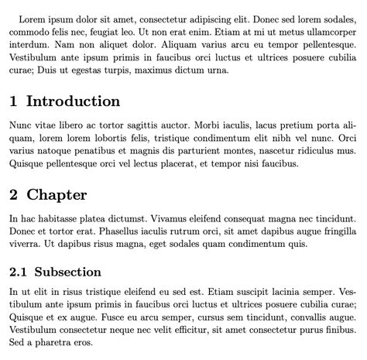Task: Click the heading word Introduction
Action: pos(74,101)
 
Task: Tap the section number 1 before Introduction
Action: pos(14,101)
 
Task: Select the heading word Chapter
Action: pos(57,195)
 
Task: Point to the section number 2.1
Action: pos(19,272)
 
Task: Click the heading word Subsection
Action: pos(69,272)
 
